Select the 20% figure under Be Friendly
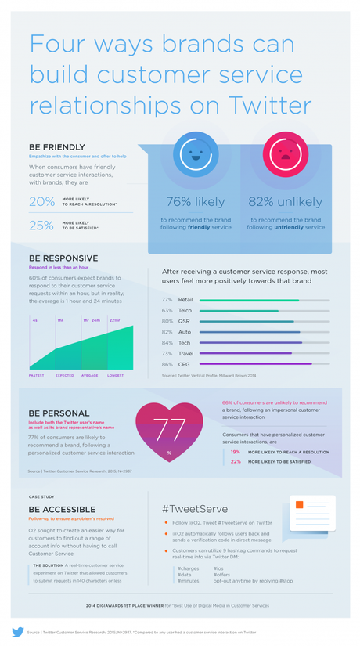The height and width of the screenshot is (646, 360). click(x=42, y=202)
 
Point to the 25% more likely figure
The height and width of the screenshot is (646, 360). click(x=42, y=226)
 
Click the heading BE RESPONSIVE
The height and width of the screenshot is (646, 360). click(x=63, y=258)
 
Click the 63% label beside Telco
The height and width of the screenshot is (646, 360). click(x=167, y=311)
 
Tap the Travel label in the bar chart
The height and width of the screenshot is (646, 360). click(x=186, y=353)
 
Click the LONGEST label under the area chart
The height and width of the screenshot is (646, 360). click(x=115, y=376)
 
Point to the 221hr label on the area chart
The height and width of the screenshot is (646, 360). click(x=115, y=320)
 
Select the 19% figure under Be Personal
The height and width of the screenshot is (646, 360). click(x=236, y=452)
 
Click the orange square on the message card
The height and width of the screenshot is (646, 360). click(x=299, y=505)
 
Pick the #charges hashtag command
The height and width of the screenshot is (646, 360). click(x=188, y=568)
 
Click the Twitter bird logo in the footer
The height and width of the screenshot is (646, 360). click(x=17, y=631)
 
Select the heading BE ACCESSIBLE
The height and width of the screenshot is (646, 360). click(x=62, y=509)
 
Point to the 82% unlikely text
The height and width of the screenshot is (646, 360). click(x=284, y=201)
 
